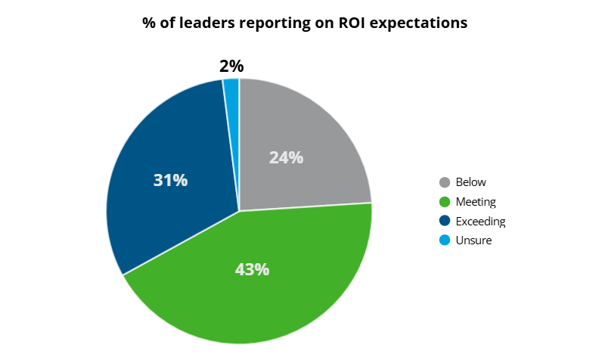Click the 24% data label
286,158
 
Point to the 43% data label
251,269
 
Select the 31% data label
170,181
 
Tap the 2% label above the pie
231,67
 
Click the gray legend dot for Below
445,182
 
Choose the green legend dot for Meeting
445,202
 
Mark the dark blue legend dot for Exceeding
445,222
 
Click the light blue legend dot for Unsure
445,241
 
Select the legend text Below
471,182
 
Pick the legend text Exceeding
480,222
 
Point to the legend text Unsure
473,241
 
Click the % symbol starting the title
149,23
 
